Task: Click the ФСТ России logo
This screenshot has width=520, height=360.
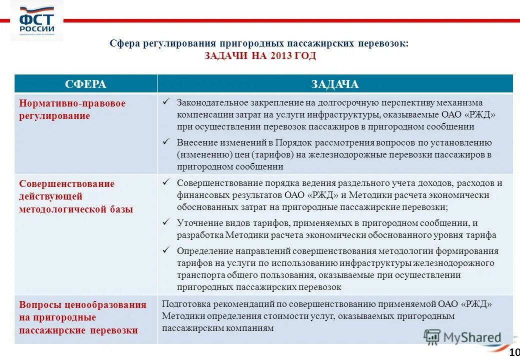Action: pos(36,21)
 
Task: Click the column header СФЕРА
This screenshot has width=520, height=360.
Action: pos(86,84)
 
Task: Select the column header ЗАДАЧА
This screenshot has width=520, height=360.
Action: pos(334,84)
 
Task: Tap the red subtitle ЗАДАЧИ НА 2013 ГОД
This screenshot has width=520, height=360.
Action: pos(260,56)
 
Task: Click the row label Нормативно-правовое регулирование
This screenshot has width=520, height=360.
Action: pos(72,109)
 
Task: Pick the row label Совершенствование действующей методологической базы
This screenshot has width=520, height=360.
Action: pos(76,196)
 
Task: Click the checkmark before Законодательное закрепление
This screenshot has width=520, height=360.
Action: pos(167,102)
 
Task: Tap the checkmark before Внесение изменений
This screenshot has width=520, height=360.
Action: pos(167,142)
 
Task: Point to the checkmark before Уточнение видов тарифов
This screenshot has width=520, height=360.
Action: pos(167,222)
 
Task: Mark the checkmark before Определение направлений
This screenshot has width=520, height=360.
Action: pos(167,250)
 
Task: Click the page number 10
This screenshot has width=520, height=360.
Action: pos(514,353)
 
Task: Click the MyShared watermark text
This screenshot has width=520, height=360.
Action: pos(472,338)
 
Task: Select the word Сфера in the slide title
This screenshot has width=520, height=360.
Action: pos(124,43)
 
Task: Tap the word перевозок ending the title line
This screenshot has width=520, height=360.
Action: pos(382,43)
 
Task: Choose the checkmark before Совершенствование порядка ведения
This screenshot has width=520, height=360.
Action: pos(167,182)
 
